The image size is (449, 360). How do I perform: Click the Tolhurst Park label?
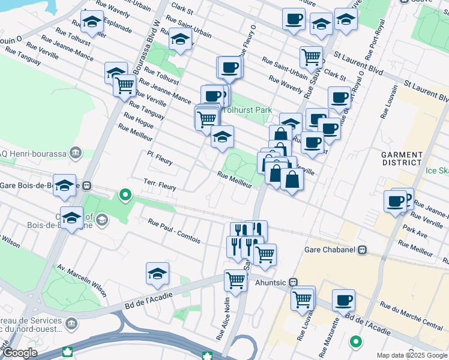click(x=247, y=110)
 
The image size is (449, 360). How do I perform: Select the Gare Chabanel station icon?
click(x=362, y=250)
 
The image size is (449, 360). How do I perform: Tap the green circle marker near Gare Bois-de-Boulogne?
click(x=125, y=194)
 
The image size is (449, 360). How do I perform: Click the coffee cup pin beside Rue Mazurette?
click(x=343, y=299)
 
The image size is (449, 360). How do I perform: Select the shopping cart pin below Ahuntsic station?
click(x=303, y=298)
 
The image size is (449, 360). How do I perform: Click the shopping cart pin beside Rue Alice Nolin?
click(x=236, y=280)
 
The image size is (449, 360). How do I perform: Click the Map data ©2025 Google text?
click(x=411, y=355)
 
